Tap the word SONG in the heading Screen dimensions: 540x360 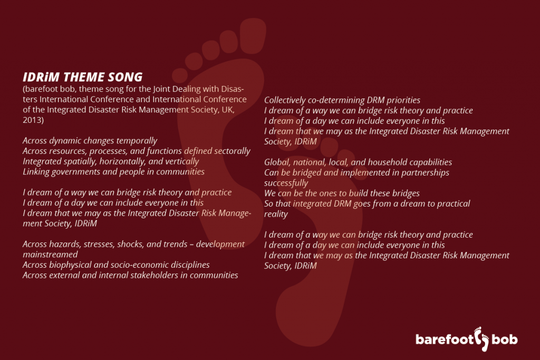(126, 77)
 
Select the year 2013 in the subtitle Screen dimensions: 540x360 (32, 120)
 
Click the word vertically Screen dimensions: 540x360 (182, 161)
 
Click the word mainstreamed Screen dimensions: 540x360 (50, 255)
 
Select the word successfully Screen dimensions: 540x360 (286, 183)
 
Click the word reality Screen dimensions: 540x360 (276, 214)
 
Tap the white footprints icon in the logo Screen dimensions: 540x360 (481, 339)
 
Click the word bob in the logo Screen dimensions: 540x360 (505, 339)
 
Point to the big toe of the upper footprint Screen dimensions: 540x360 (253, 35)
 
